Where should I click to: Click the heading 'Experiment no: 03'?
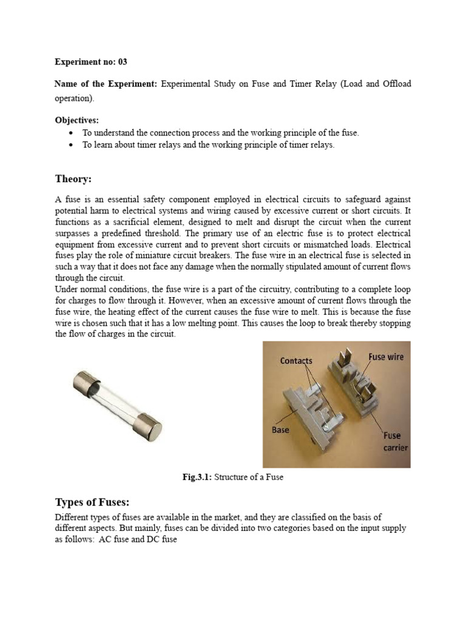tap(91, 62)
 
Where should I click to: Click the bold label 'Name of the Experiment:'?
tap(106, 84)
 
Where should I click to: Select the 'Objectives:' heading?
tap(76, 120)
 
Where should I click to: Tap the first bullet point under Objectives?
tap(72, 133)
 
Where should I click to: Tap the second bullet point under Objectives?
tap(72, 145)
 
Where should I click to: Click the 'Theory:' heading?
tap(73, 179)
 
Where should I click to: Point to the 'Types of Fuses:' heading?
tap(92, 502)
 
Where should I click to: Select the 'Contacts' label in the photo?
tap(296, 361)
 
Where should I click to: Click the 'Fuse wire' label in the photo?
tap(385, 357)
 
